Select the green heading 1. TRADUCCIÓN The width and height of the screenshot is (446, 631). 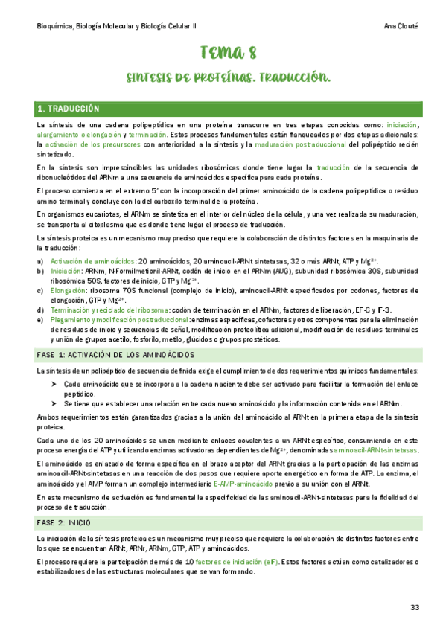click(x=74, y=109)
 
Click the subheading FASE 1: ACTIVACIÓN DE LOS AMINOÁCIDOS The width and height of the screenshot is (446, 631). click(x=115, y=354)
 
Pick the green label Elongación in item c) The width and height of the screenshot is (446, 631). click(x=69, y=290)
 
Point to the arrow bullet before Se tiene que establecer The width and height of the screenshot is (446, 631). click(x=54, y=403)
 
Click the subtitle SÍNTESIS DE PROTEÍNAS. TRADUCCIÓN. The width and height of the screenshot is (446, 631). click(x=229, y=77)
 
